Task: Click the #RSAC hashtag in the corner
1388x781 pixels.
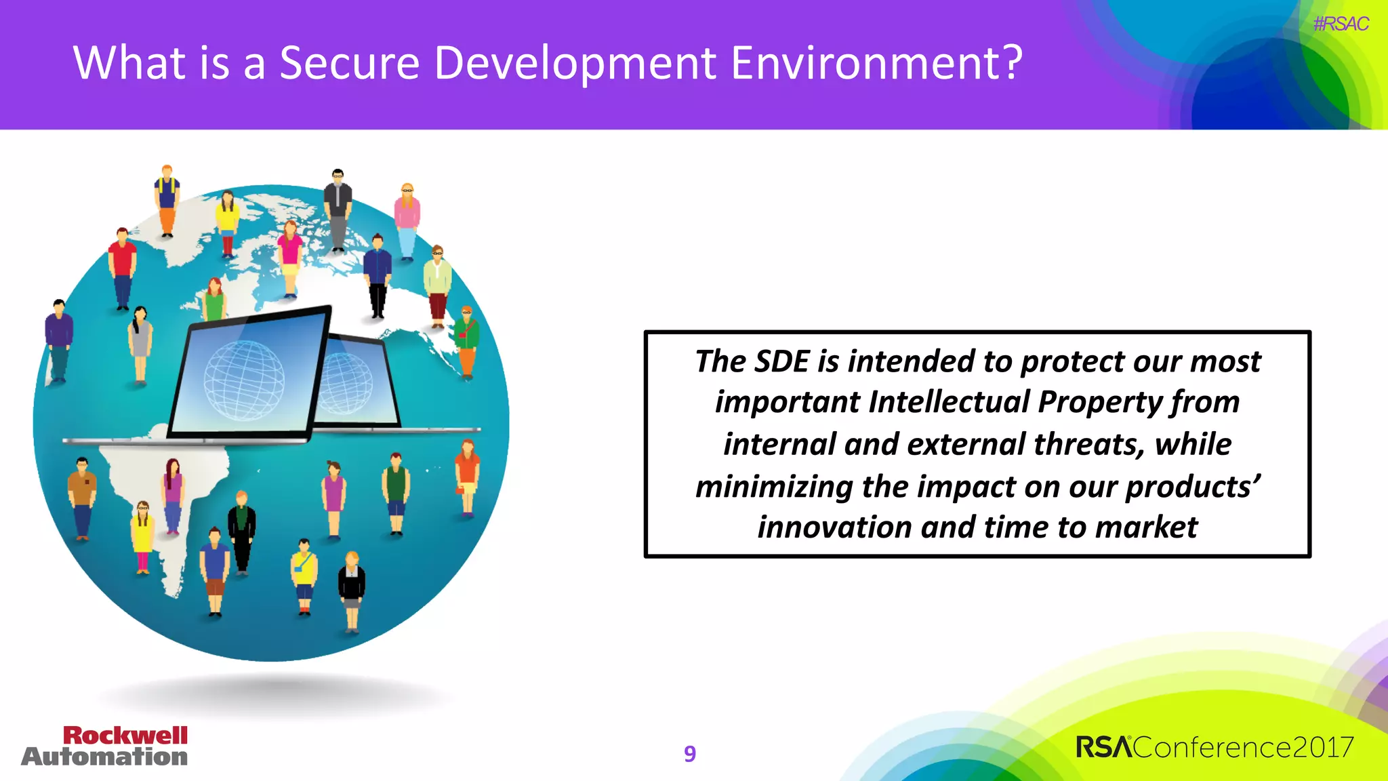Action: pos(1341,24)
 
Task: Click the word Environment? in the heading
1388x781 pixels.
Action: pos(877,63)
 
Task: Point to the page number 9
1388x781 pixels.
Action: pos(690,753)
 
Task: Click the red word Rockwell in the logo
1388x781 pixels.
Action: pos(125,736)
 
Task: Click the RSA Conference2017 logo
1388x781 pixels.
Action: pos(1214,747)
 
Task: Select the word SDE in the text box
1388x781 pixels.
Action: pos(781,361)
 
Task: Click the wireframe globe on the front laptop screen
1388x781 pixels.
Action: pos(244,380)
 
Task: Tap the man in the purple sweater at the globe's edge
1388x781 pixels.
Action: pos(59,339)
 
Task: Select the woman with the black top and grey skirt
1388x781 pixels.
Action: pos(351,590)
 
